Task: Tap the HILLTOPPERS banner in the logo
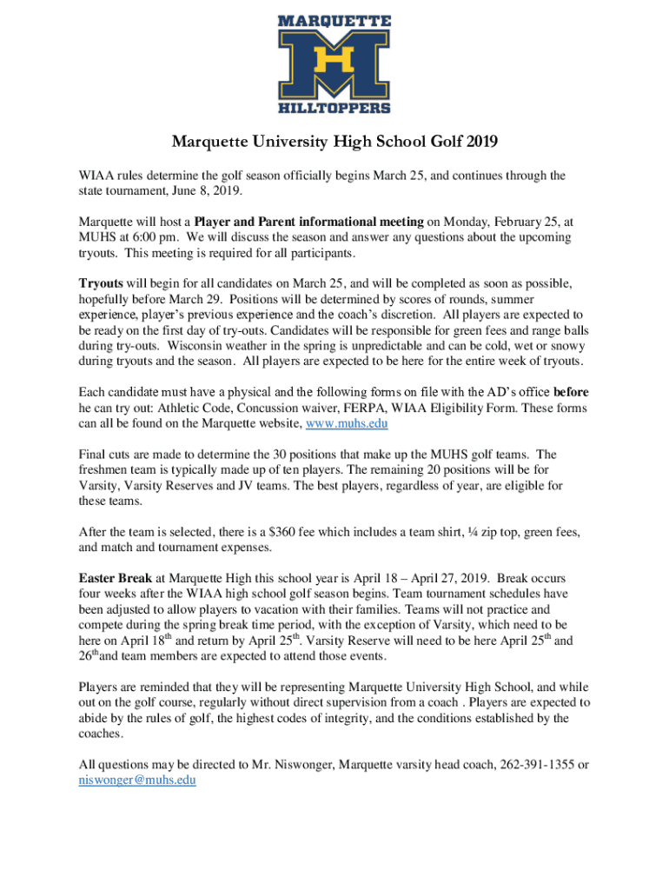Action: coord(334,107)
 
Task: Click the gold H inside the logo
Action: coord(334,62)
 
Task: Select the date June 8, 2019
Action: coord(209,190)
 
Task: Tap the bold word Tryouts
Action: coord(101,283)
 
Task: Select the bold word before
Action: coord(570,392)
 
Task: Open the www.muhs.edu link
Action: coord(346,423)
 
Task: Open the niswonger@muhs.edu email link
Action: coord(137,780)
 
